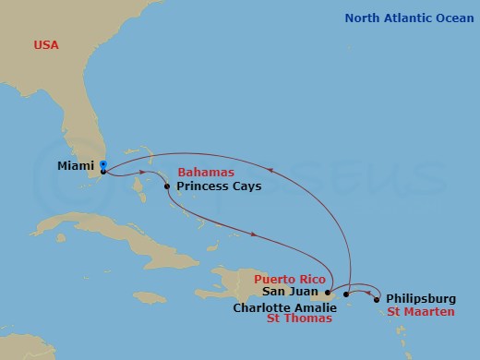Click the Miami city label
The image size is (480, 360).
click(x=75, y=166)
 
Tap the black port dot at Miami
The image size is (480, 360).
click(x=102, y=171)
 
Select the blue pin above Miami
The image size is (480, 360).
click(x=103, y=163)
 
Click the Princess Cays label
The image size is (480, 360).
click(x=219, y=186)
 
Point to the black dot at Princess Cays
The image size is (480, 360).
click(x=167, y=186)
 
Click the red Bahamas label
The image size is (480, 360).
click(x=206, y=173)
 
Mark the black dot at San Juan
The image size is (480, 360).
click(x=328, y=293)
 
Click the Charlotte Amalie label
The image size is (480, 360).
click(x=284, y=307)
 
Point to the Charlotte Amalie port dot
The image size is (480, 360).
click(x=346, y=294)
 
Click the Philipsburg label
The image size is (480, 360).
click(x=420, y=298)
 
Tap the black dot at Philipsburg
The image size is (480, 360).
click(x=377, y=298)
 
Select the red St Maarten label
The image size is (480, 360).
click(x=420, y=312)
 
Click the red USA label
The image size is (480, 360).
click(x=46, y=44)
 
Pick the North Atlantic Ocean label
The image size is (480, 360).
click(x=408, y=18)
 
